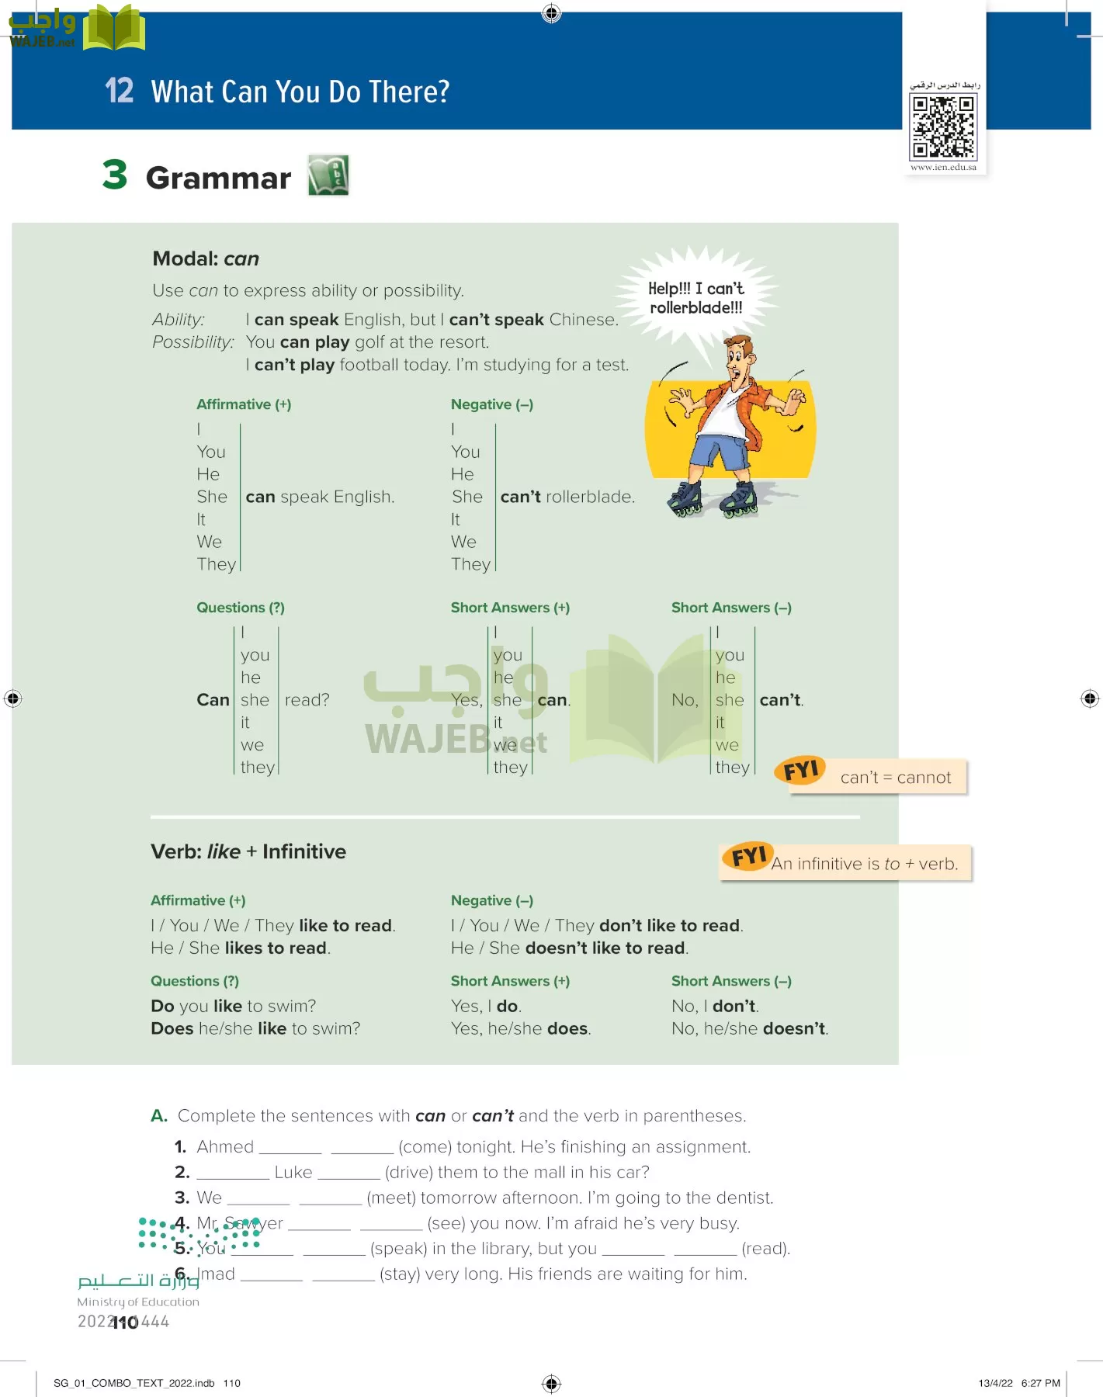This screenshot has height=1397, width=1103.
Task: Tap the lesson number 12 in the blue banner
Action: click(x=120, y=91)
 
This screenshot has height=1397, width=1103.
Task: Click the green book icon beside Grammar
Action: click(x=328, y=175)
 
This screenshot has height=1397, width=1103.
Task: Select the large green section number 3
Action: click(x=115, y=175)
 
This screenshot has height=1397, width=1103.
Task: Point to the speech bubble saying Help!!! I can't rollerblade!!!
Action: click(x=695, y=298)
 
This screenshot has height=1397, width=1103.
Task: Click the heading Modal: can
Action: click(x=206, y=258)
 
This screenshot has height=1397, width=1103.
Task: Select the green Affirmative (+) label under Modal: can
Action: click(x=244, y=404)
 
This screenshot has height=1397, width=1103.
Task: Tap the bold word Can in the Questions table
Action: click(x=213, y=700)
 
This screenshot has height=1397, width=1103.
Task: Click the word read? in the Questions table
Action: click(x=307, y=700)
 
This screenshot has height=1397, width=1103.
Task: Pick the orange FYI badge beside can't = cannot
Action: click(x=800, y=771)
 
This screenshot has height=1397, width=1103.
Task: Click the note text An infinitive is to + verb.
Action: click(x=865, y=864)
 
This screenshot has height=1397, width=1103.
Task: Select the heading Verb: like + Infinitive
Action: click(x=248, y=851)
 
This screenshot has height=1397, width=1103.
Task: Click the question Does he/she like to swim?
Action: click(x=255, y=1028)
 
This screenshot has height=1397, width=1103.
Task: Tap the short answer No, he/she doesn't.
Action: click(x=750, y=1028)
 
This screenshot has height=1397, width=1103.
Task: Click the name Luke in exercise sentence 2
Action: click(x=293, y=1172)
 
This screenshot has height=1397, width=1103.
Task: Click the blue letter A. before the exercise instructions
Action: click(x=159, y=1115)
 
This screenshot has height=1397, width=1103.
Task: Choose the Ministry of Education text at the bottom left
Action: click(x=138, y=1302)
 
